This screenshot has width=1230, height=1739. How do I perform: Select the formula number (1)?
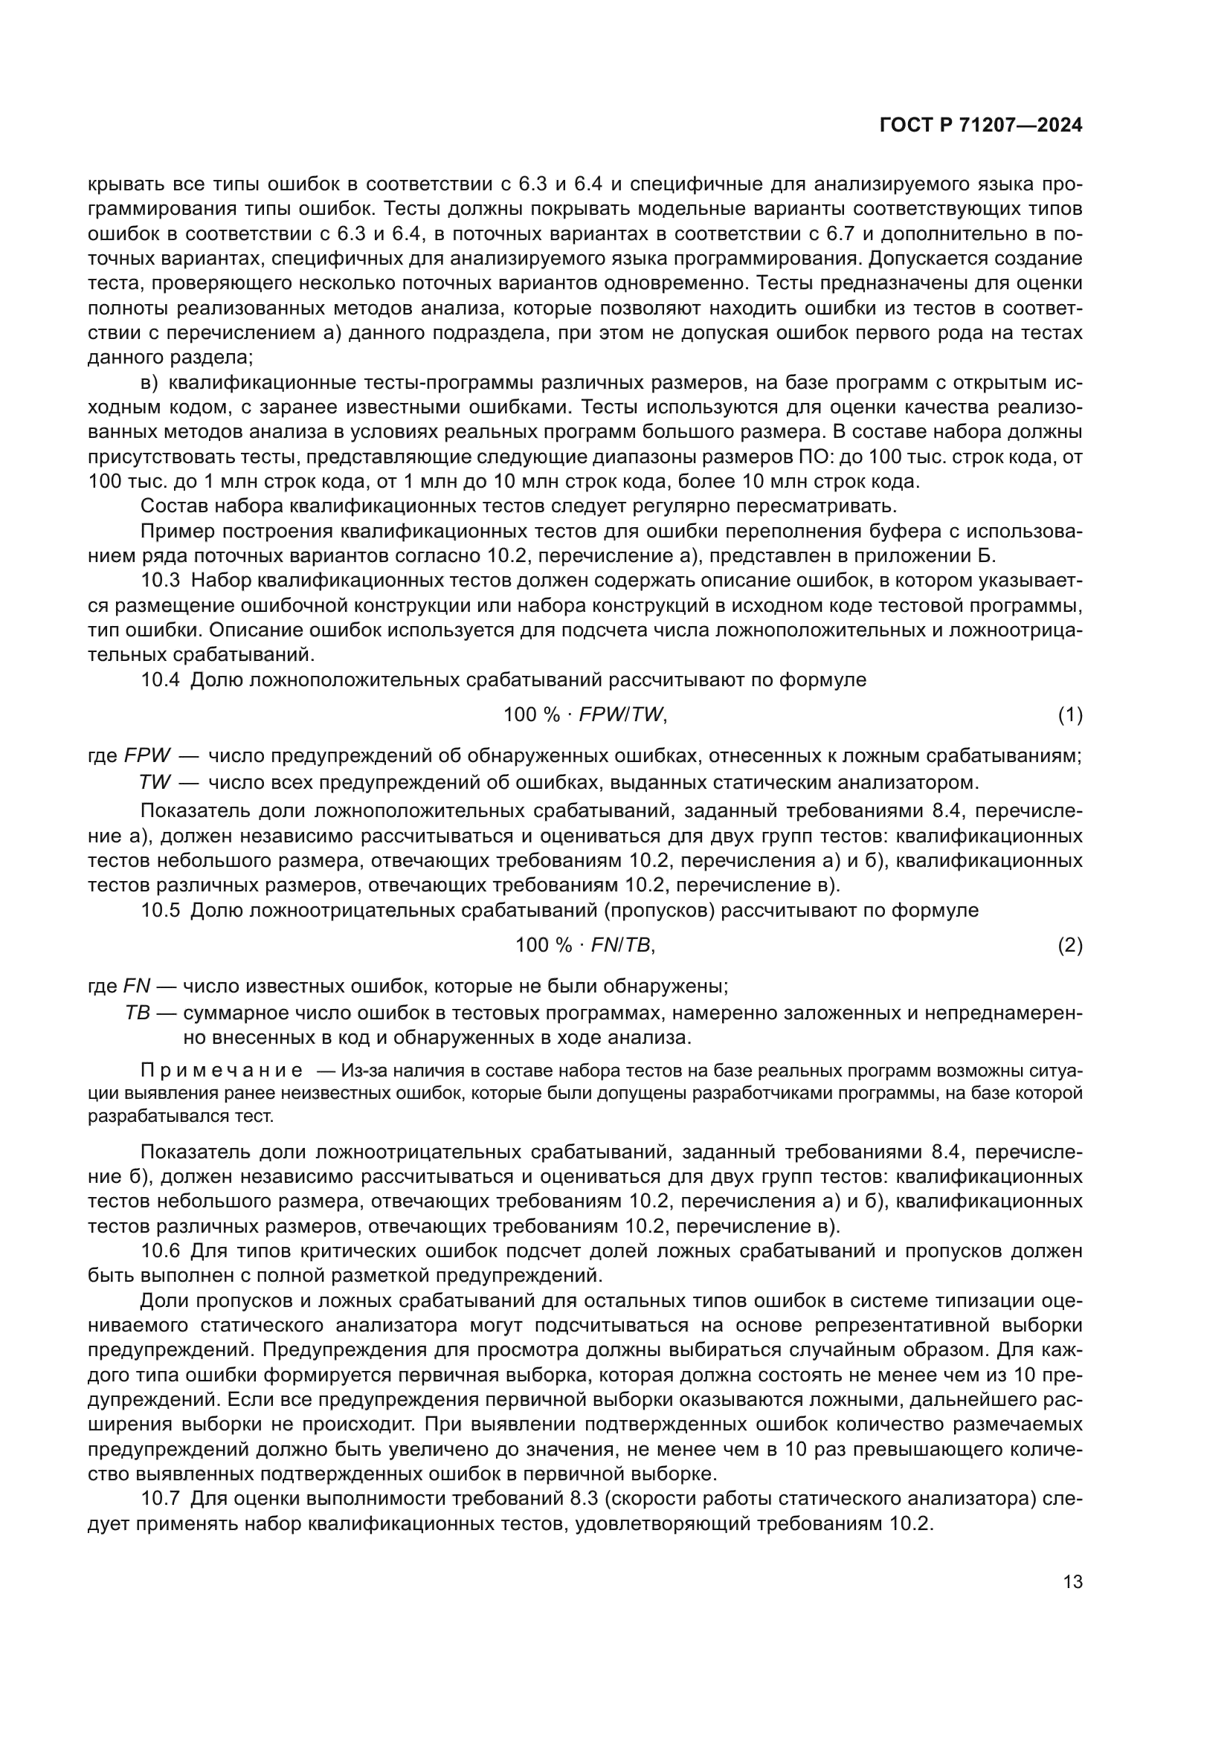[x=1069, y=714]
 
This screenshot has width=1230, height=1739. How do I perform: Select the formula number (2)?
[x=1069, y=945]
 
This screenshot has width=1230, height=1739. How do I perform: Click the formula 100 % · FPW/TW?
[x=585, y=714]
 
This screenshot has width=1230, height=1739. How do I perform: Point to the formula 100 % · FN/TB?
[x=585, y=945]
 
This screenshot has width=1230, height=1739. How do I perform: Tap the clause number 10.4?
[x=160, y=680]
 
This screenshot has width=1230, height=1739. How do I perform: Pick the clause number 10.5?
[x=160, y=911]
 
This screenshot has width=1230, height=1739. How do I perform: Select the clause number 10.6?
[x=160, y=1251]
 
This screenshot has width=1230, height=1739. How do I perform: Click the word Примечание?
[x=222, y=1070]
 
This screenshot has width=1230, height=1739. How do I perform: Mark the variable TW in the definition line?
[x=155, y=781]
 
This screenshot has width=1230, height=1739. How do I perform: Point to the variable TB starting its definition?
[x=138, y=1013]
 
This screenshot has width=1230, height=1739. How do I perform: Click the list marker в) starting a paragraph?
[x=149, y=382]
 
